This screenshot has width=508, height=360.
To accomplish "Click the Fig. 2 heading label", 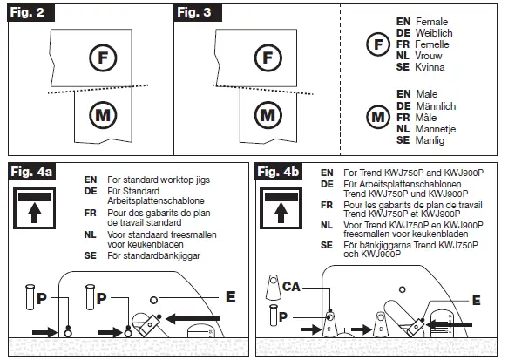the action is [30, 12].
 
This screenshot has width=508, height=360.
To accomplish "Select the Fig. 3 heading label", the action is [198, 12].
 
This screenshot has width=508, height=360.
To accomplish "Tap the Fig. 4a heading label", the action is [31, 172].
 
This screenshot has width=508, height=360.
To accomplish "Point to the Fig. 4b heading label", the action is [278, 172].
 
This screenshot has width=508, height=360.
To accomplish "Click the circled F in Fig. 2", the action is [103, 58].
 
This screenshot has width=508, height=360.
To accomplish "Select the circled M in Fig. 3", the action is [268, 115].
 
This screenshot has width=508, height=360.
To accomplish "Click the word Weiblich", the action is [434, 33].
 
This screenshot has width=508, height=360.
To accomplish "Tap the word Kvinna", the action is [430, 67].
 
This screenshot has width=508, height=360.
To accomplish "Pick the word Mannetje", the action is [436, 129].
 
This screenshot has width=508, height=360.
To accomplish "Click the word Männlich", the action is [436, 106].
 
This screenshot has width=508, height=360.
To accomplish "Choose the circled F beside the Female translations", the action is [378, 44].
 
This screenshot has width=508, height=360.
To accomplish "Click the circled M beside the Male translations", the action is [378, 117].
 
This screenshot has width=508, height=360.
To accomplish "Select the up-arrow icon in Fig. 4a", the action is [34, 207].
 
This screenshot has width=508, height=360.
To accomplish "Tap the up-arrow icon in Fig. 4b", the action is [281, 207].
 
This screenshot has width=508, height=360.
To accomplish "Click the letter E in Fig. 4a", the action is [230, 297].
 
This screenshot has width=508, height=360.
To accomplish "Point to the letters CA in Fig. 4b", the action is [291, 287].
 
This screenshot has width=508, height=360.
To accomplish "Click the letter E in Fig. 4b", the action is [477, 301].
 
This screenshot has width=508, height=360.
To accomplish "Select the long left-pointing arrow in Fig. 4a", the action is [193, 319].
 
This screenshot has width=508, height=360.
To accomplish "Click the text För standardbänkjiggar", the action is [154, 255].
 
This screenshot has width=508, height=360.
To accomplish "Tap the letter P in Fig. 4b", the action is [283, 316].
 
